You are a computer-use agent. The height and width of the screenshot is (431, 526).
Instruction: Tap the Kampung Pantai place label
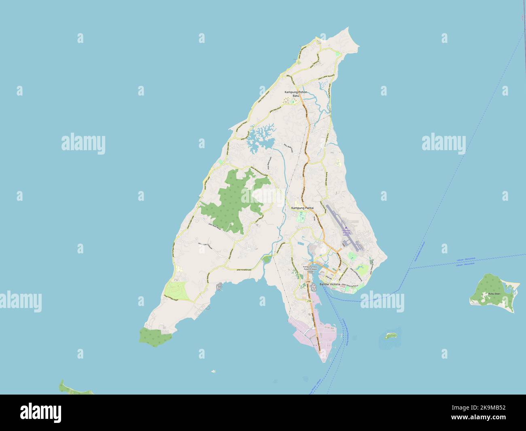303,208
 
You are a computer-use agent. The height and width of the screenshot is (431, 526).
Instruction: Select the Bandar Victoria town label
330,285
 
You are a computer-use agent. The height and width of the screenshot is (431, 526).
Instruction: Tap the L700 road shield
308,281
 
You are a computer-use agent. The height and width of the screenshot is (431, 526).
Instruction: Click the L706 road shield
309,301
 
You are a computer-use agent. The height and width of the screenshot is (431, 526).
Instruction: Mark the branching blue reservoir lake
259,138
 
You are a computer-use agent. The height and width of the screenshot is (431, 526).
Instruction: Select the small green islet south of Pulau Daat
390,335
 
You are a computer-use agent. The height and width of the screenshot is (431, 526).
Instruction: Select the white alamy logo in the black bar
41,412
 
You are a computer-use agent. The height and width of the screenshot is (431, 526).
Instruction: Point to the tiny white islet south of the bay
213,371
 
